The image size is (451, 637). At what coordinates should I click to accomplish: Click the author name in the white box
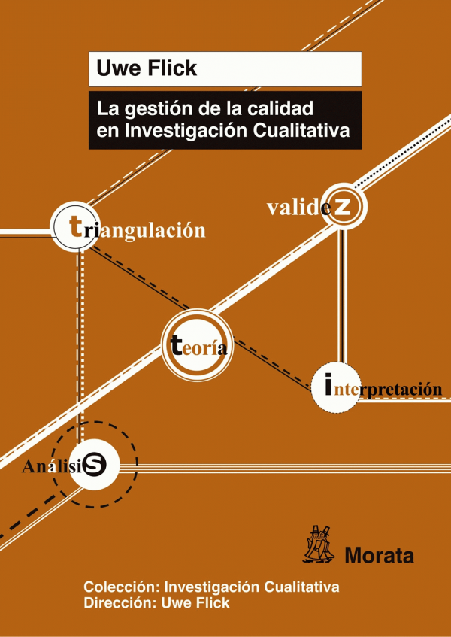tap(147, 68)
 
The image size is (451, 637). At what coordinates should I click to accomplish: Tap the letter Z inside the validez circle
tap(341, 207)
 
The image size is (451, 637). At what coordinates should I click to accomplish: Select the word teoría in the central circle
tap(198, 346)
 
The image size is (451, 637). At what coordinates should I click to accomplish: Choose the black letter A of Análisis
tap(29, 467)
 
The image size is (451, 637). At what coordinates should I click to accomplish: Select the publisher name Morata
tap(379, 555)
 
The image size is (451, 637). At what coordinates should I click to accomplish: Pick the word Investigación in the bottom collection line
tap(213, 587)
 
